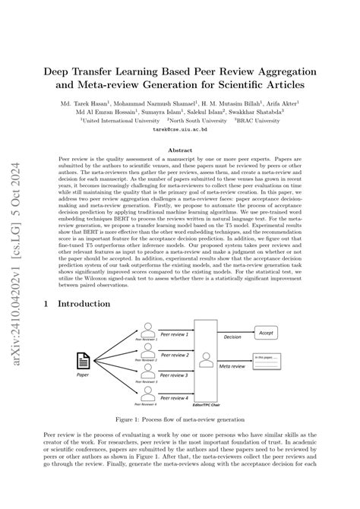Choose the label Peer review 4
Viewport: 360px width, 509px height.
(x=174, y=397)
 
